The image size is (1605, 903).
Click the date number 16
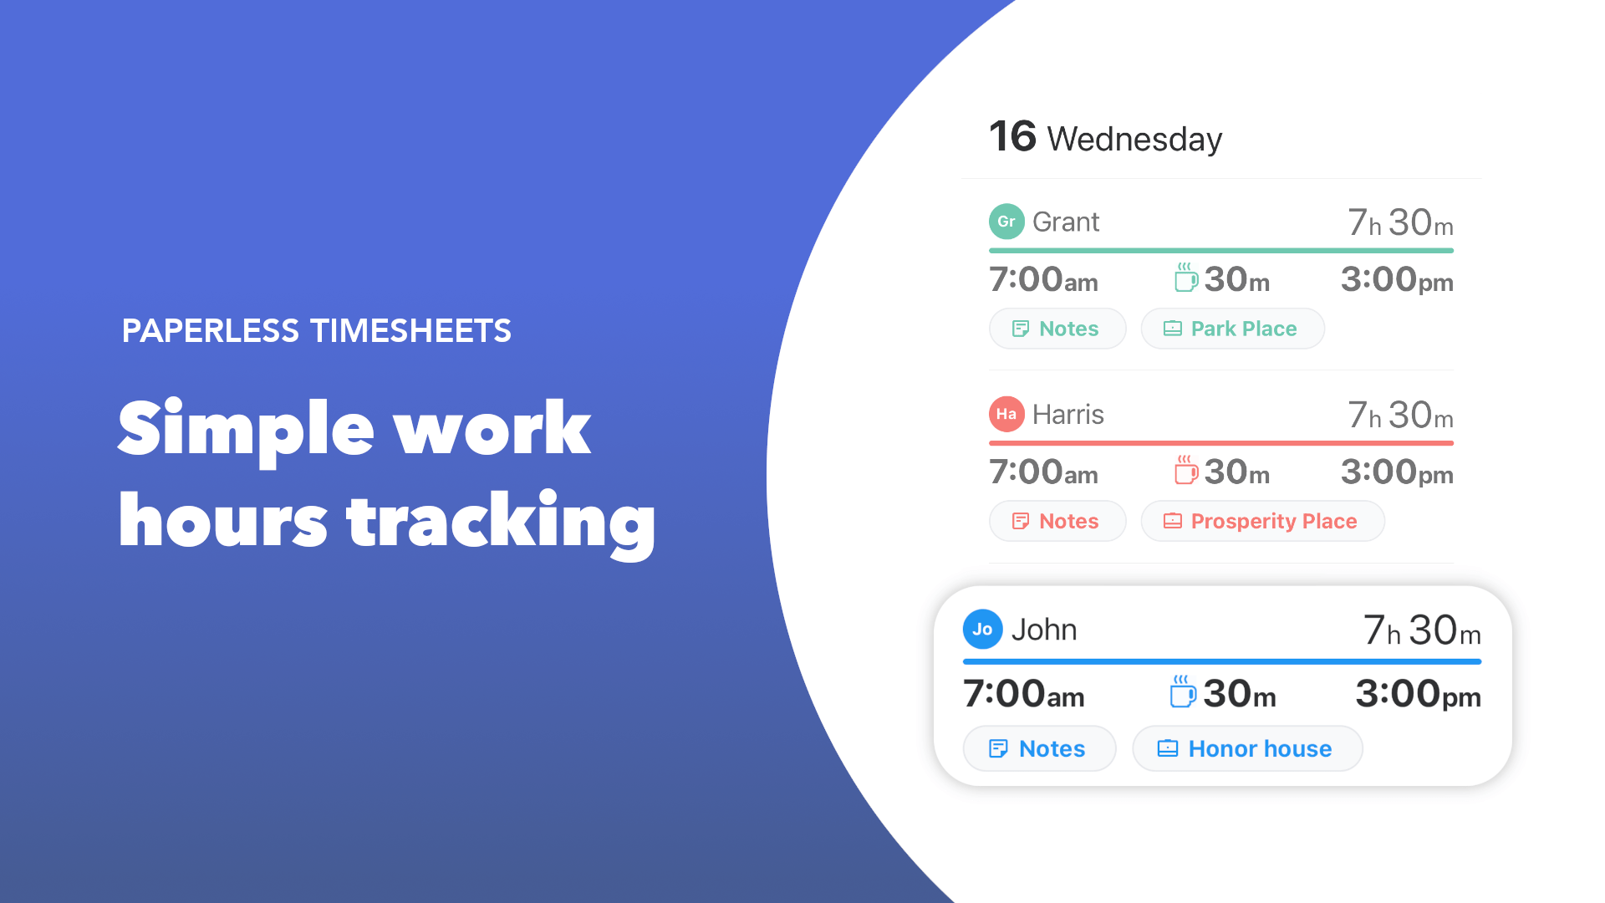(x=1012, y=136)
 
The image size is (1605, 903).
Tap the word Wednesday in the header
(x=1134, y=139)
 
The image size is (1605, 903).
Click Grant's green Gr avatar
(x=1006, y=222)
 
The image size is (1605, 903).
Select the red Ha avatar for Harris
(x=1006, y=414)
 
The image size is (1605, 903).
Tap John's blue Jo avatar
(x=982, y=630)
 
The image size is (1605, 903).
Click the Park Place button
(x=1232, y=329)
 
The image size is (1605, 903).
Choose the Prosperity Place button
(x=1262, y=521)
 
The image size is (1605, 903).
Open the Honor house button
(x=1247, y=748)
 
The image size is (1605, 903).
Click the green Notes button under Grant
(x=1057, y=329)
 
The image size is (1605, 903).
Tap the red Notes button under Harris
(x=1057, y=521)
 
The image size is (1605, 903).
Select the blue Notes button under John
(x=1039, y=748)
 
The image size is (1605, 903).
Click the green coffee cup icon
(x=1186, y=278)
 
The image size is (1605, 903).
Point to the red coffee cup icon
(x=1186, y=470)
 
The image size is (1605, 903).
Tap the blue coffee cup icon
(x=1183, y=692)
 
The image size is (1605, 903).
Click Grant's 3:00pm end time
(x=1397, y=280)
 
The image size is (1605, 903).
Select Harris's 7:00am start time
(x=1043, y=472)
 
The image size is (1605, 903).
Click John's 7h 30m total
(x=1422, y=630)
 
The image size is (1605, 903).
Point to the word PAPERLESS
(x=211, y=331)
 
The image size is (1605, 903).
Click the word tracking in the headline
(x=502, y=522)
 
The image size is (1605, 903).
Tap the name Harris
(x=1068, y=415)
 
